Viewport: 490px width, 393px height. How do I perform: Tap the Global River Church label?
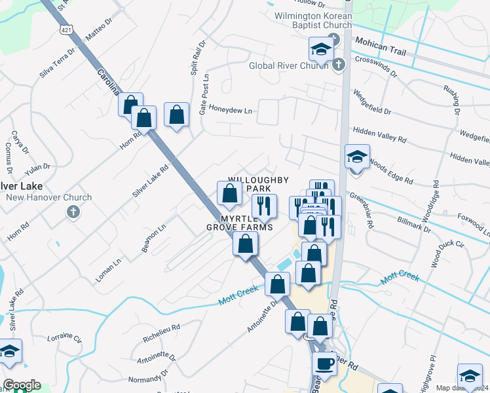[288, 65]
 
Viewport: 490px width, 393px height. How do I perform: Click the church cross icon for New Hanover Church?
[73, 212]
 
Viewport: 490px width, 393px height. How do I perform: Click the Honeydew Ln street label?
[230, 110]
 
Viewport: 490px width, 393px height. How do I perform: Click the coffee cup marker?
[324, 362]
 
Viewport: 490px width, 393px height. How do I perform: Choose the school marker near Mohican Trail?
[321, 48]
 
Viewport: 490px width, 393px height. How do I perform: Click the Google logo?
[22, 385]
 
